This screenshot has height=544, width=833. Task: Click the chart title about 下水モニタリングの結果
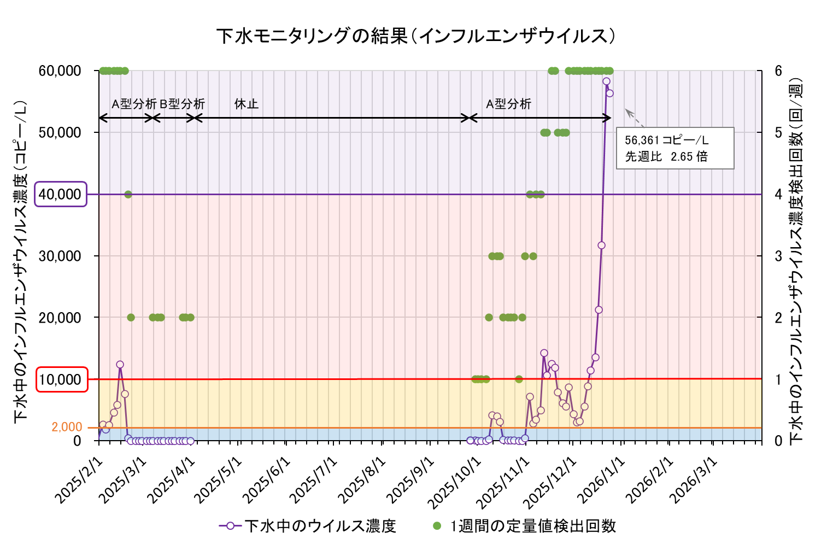(x=416, y=36)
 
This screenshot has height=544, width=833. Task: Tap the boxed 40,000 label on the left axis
(x=61, y=194)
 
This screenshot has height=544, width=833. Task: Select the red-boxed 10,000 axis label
(x=61, y=379)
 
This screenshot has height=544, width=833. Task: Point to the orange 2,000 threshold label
(x=67, y=427)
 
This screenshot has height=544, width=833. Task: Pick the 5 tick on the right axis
(x=778, y=132)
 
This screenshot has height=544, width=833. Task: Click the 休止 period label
(x=246, y=104)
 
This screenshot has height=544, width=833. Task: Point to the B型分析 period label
(x=182, y=104)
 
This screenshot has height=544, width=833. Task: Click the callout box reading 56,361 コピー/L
(x=674, y=148)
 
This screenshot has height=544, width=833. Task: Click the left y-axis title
(x=21, y=260)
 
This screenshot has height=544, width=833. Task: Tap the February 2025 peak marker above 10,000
(x=120, y=364)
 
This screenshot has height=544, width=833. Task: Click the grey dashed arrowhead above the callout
(x=629, y=112)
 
